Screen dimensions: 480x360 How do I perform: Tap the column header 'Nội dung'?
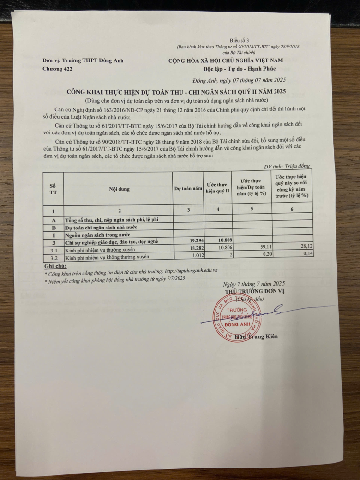[118, 189]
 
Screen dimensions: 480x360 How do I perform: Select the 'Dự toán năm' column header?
[188, 189]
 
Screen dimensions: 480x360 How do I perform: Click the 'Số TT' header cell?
[53, 189]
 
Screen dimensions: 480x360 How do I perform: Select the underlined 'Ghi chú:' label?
[55, 265]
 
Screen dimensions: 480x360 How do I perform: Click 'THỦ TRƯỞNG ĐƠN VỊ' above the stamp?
[251, 292]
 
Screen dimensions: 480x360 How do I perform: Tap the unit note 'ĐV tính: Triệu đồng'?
[287, 166]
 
